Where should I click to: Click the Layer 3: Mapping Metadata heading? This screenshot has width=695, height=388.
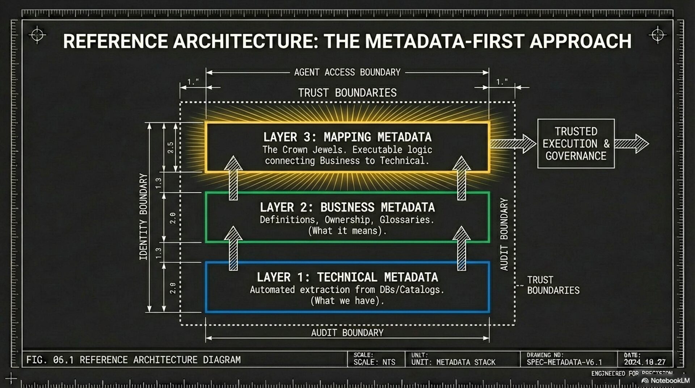click(347, 137)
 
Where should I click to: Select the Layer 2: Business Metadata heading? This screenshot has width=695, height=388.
click(347, 207)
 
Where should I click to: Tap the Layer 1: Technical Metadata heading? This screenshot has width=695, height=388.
click(347, 277)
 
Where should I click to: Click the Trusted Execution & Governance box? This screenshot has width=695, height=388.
click(576, 144)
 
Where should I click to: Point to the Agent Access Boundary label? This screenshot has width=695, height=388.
click(347, 72)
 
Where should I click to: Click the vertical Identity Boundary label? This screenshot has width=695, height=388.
click(144, 216)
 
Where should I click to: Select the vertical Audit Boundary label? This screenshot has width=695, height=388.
click(504, 234)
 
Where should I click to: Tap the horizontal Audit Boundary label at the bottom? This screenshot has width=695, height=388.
click(347, 333)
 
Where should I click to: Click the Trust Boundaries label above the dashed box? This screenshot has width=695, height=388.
click(347, 93)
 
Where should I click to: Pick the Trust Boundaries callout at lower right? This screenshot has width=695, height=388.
click(553, 285)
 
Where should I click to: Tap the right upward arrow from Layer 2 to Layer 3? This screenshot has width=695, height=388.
click(462, 178)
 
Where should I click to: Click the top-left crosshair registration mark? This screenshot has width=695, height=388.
click(37, 35)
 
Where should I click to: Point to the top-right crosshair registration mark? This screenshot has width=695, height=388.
click(657, 35)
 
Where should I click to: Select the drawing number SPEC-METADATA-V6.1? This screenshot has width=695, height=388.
click(564, 362)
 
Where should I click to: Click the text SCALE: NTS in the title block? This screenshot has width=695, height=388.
click(374, 362)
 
